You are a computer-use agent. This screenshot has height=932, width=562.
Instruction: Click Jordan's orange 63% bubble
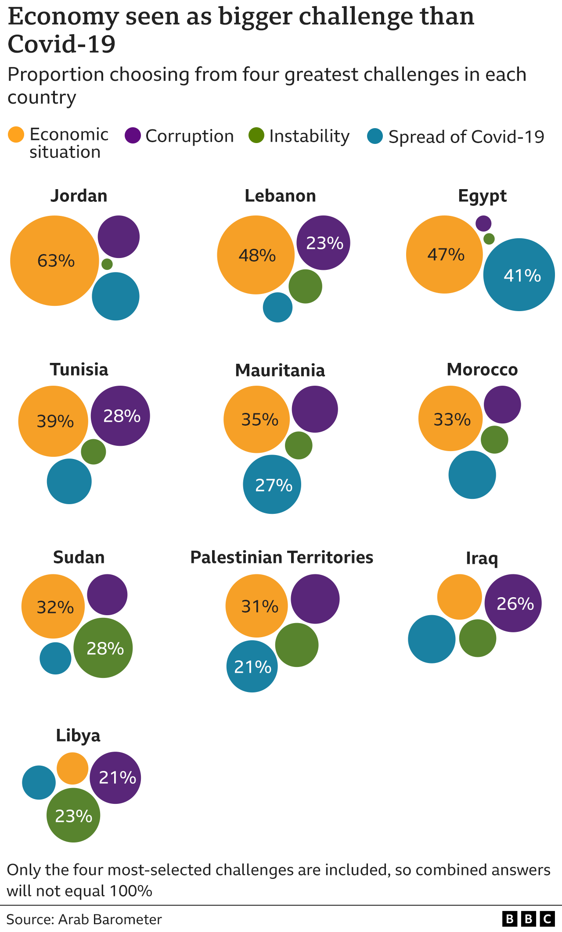tap(54, 261)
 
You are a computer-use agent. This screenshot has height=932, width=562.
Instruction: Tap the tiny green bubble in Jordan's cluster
tap(107, 264)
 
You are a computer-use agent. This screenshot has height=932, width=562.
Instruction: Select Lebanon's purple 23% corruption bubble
tap(324, 243)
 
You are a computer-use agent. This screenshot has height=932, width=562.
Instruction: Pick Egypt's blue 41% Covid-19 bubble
tap(519, 275)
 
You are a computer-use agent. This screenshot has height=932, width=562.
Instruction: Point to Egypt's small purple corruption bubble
tap(483, 223)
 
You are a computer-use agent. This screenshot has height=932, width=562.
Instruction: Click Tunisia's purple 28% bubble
tap(120, 416)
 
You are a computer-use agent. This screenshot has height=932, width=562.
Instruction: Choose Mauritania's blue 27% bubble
tap(272, 484)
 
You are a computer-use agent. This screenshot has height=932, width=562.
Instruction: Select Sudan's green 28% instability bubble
tap(103, 648)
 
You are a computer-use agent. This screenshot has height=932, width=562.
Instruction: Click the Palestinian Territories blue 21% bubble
tap(252, 666)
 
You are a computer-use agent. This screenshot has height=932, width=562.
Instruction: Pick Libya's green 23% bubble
tap(73, 815)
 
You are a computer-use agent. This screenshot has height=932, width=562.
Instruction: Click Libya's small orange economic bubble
tap(72, 768)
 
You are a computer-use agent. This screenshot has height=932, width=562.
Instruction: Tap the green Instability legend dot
tap(256, 136)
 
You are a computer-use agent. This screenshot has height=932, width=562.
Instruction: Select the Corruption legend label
tap(190, 136)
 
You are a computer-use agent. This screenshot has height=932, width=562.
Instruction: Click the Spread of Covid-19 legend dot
tap(375, 136)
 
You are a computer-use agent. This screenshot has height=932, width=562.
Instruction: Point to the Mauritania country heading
tap(280, 370)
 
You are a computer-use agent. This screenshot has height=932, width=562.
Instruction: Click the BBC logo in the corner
tap(528, 919)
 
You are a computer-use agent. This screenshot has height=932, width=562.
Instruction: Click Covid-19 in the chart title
tap(61, 44)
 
